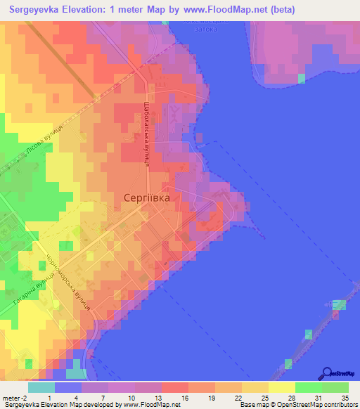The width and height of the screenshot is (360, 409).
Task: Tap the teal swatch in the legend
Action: pos(41,387)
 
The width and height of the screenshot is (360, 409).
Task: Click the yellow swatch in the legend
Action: pos(281,387)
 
